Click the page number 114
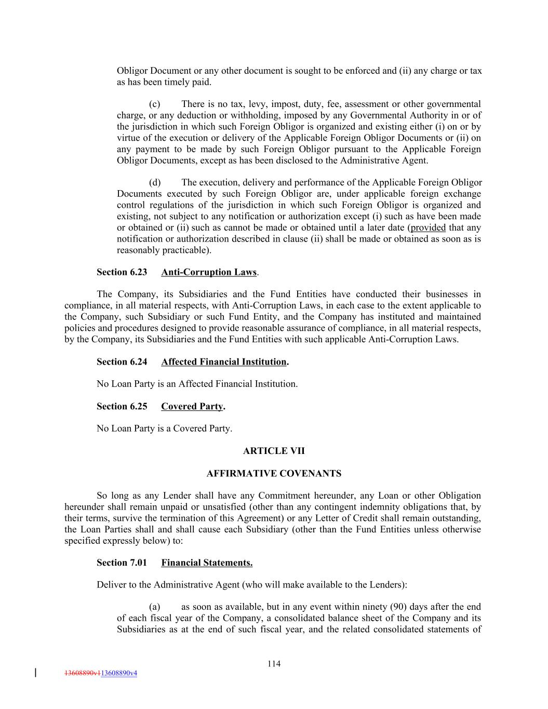pos(274,663)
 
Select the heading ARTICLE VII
pos(274,451)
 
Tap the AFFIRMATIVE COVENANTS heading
pos(274,473)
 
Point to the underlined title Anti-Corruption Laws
pos(209,272)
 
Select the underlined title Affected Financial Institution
pos(223,362)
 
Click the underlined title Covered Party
pos(192,406)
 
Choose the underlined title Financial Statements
pos(207,563)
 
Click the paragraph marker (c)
pos(154,104)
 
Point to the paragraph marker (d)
pos(155,183)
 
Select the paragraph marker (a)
pos(154,607)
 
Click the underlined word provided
pos(428,228)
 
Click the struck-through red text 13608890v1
pos(83,673)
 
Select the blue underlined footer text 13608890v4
pos(119,673)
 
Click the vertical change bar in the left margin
pos(35,673)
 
